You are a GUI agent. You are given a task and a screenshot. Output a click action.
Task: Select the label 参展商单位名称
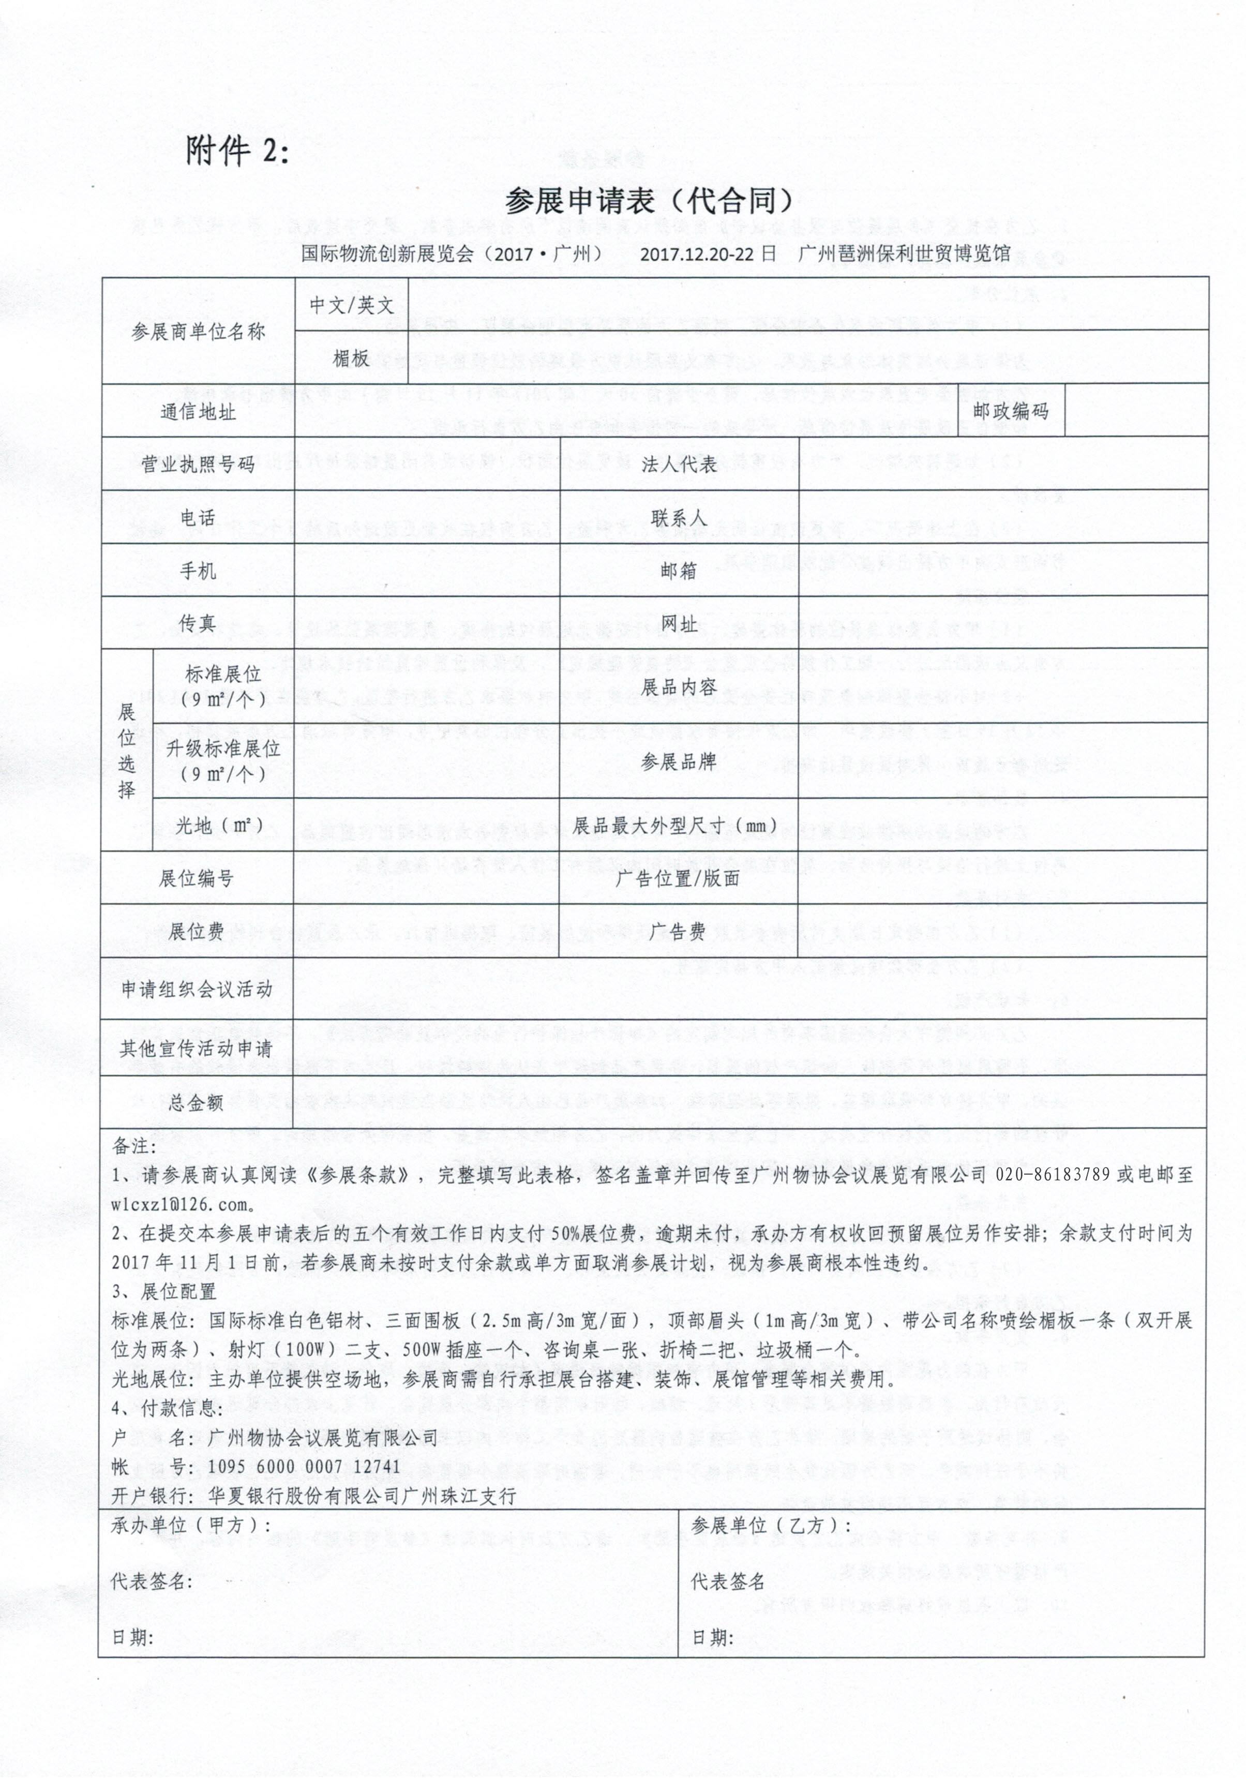[198, 332]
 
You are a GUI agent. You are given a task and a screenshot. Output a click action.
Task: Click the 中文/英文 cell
[352, 304]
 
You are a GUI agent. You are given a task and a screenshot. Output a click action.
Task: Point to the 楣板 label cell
[352, 358]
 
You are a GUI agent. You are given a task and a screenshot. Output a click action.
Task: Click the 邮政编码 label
[1011, 410]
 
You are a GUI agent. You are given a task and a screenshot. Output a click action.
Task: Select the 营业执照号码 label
[198, 464]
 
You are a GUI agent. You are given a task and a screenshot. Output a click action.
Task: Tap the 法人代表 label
[679, 464]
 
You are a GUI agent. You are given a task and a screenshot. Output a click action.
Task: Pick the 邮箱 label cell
[679, 571]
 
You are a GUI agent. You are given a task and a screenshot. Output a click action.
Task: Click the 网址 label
[679, 623]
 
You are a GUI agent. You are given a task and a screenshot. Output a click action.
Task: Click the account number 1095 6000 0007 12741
[304, 1466]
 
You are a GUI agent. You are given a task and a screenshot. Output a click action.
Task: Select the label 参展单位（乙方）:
[771, 1526]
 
